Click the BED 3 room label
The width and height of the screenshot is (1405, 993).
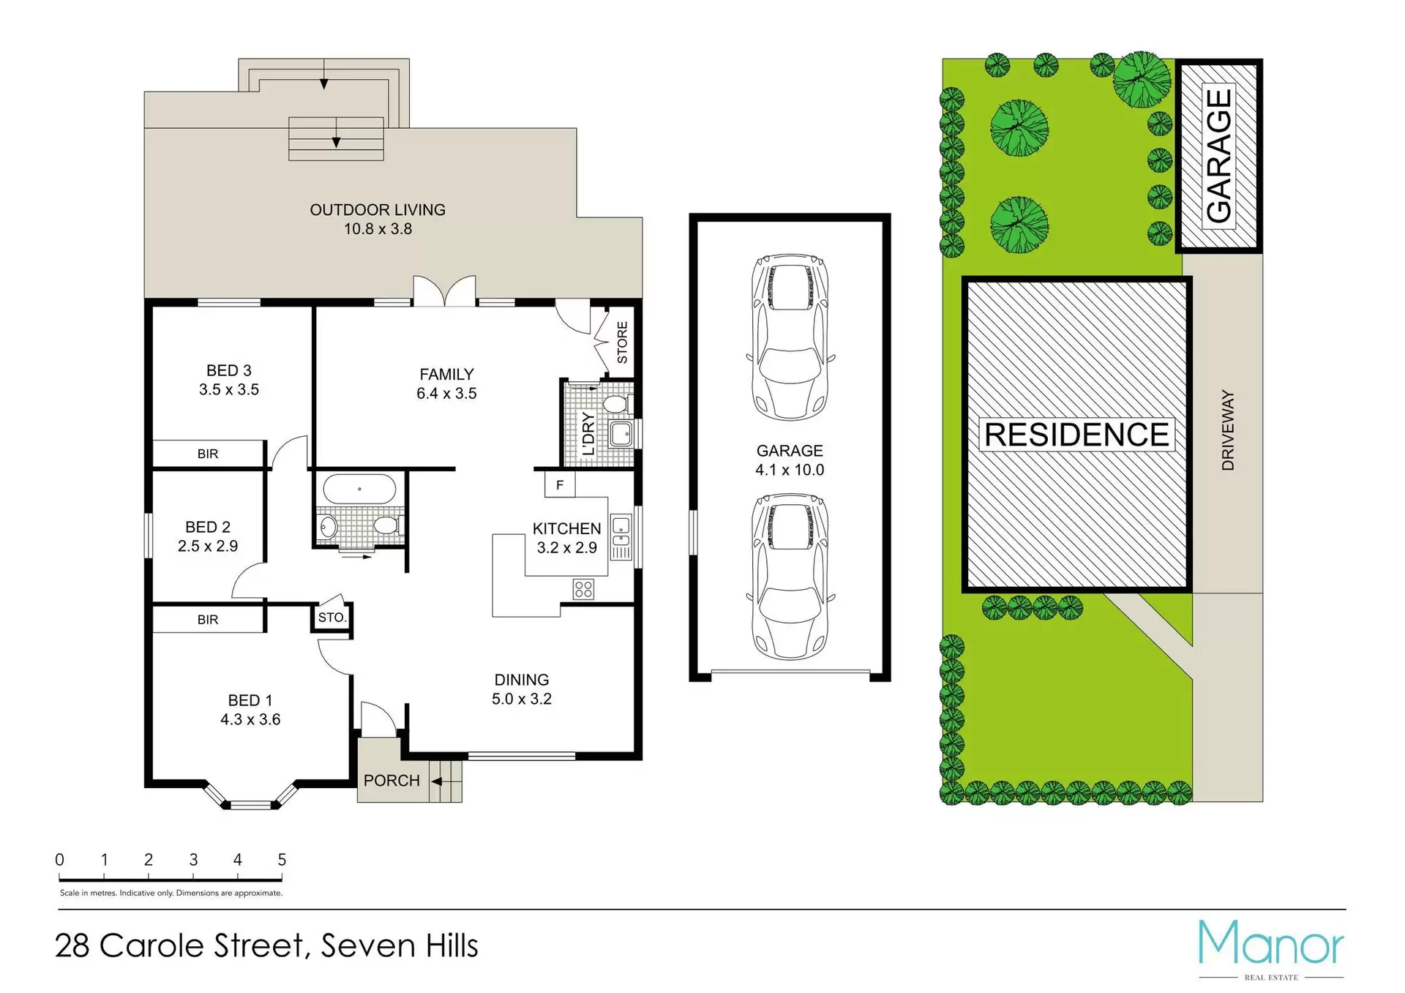pyautogui.click(x=229, y=371)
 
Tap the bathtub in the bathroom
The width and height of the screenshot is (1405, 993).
pyautogui.click(x=359, y=489)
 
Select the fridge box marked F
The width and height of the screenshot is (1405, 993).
pyautogui.click(x=560, y=484)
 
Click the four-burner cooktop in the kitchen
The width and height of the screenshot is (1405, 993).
pyautogui.click(x=583, y=589)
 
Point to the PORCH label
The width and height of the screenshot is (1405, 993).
pyautogui.click(x=391, y=781)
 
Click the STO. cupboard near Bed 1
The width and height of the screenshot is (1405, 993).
pyautogui.click(x=331, y=618)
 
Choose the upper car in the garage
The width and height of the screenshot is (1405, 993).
pyautogui.click(x=790, y=337)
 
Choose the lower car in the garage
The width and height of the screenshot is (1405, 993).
pyautogui.click(x=790, y=576)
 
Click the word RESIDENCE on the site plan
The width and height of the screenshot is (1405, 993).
pyautogui.click(x=1076, y=435)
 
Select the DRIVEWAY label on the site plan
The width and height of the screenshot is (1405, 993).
pyautogui.click(x=1228, y=430)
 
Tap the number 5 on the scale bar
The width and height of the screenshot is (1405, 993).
pyautogui.click(x=282, y=860)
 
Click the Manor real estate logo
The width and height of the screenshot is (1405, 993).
pyautogui.click(x=1271, y=949)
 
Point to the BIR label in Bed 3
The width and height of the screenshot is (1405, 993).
pyautogui.click(x=208, y=454)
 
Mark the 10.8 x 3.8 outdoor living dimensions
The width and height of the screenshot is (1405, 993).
pyautogui.click(x=378, y=229)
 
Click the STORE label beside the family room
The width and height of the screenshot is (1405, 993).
pyautogui.click(x=622, y=342)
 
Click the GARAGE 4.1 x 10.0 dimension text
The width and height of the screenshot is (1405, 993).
pyautogui.click(x=790, y=470)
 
